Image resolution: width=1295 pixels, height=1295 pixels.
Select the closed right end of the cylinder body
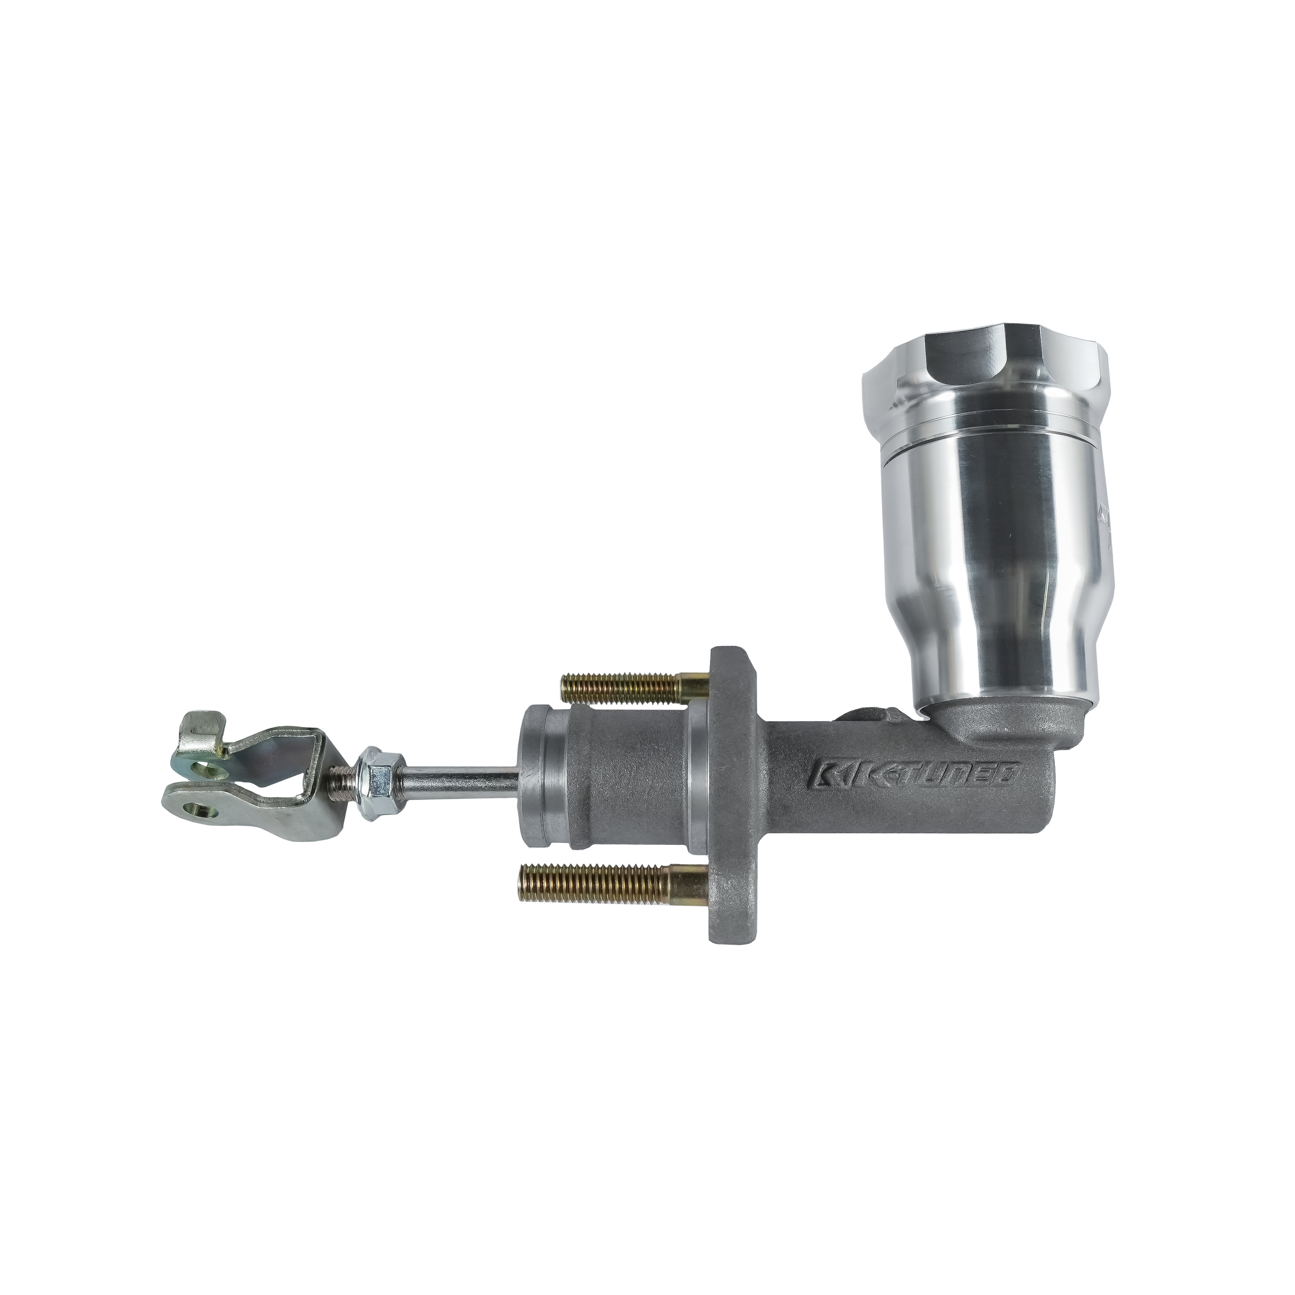[1042, 804]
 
